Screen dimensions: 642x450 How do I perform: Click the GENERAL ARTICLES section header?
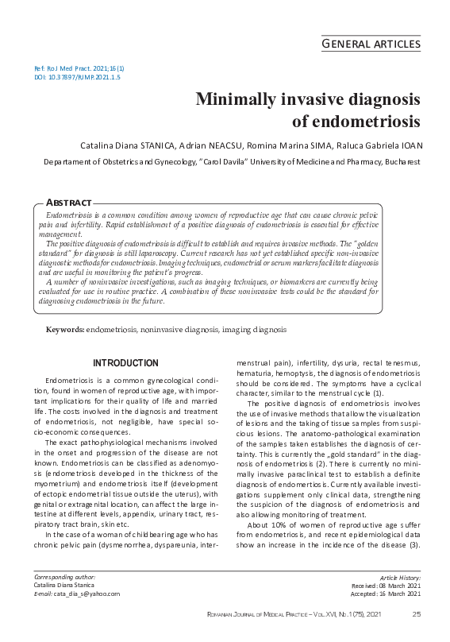pos(370,44)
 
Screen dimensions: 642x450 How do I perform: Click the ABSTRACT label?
pos(69,203)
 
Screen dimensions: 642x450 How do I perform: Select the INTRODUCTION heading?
pos(125,363)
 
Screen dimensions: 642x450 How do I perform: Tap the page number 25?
pos(416,614)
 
